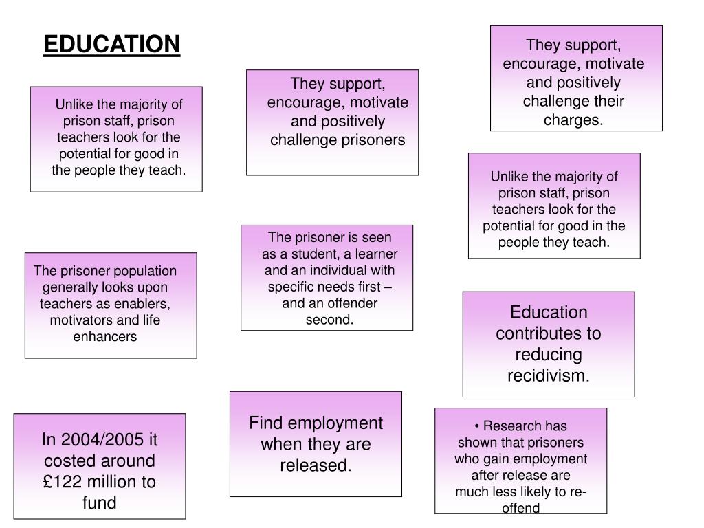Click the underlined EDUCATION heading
pyautogui.click(x=112, y=45)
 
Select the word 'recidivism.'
pyautogui.click(x=549, y=376)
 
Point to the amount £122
pyautogui.click(x=64, y=482)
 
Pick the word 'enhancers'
pyautogui.click(x=105, y=336)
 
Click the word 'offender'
pyautogui.click(x=350, y=303)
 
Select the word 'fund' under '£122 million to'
pyautogui.click(x=100, y=503)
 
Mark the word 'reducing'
pyautogui.click(x=549, y=355)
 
